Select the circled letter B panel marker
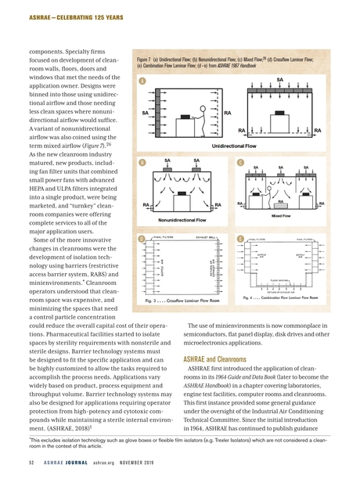click(x=141, y=163)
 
